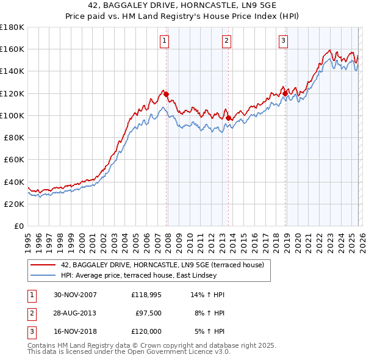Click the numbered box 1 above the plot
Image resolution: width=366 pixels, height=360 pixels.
(x=165, y=41)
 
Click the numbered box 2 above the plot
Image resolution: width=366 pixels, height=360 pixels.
(x=226, y=41)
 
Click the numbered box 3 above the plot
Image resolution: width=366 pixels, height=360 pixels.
(x=284, y=41)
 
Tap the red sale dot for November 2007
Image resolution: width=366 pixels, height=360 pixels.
(x=167, y=95)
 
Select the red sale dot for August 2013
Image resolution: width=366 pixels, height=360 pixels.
(x=228, y=118)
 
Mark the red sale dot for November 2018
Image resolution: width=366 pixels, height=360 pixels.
(x=285, y=93)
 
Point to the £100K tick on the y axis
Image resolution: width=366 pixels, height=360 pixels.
(x=12, y=115)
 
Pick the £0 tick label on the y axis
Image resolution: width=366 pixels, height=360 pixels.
(x=18, y=226)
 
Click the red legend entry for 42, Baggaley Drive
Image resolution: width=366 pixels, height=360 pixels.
(x=162, y=265)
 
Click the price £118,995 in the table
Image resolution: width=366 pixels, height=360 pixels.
(x=146, y=295)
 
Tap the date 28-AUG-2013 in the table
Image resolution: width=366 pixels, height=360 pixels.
(x=75, y=313)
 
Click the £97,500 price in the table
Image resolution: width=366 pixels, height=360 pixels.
(x=148, y=313)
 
